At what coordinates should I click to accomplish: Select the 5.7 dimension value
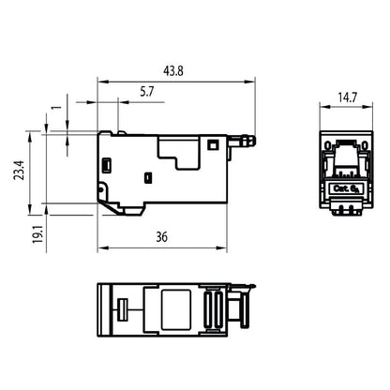[147, 91]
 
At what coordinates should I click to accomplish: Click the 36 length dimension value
[162, 239]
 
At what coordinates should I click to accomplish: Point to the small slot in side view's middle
[147, 176]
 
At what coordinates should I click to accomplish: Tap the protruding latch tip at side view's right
[250, 142]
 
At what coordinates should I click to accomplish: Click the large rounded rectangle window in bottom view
[173, 307]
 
